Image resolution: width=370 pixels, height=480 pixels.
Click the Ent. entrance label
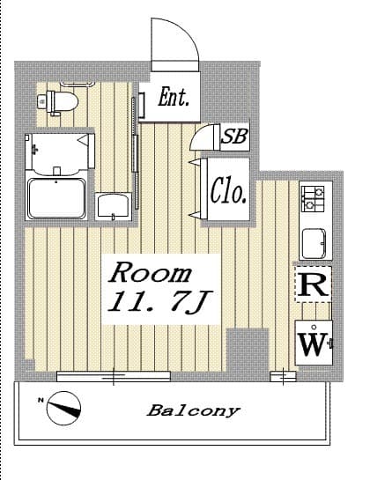pyautogui.click(x=174, y=97)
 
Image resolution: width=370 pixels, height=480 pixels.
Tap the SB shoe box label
pyautogui.click(x=234, y=136)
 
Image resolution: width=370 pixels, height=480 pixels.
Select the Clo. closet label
pyautogui.click(x=228, y=190)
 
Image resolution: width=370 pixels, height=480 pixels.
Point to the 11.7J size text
pyautogui.click(x=159, y=302)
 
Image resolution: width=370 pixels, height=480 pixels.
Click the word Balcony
pyautogui.click(x=193, y=410)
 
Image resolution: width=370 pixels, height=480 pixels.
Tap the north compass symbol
pyautogui.click(x=64, y=409)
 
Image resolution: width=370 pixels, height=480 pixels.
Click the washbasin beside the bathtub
pyautogui.click(x=113, y=206)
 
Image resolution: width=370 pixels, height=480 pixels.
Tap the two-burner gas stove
pyautogui.click(x=313, y=199)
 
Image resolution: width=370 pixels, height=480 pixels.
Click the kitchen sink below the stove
pyautogui.click(x=314, y=244)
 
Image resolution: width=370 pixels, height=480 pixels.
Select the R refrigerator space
pyautogui.click(x=313, y=284)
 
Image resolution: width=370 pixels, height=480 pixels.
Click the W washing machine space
pyautogui.click(x=314, y=343)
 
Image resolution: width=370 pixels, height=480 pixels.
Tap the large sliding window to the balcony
pyautogui.click(x=114, y=376)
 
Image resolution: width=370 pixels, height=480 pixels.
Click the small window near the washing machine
pyautogui.click(x=284, y=377)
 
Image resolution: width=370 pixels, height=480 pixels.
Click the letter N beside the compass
pyautogui.click(x=41, y=400)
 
